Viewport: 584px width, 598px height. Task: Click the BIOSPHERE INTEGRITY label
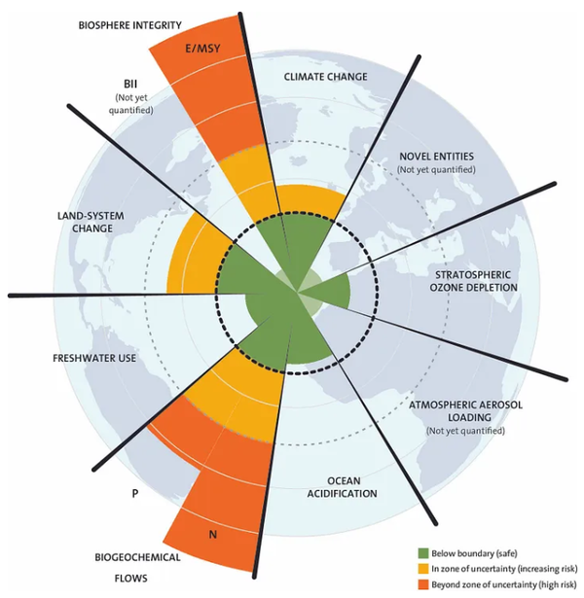tap(129, 25)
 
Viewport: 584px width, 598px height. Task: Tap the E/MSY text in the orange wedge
tap(202, 49)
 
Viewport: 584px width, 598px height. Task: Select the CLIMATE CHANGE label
tap(325, 77)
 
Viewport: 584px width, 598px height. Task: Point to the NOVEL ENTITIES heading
tap(436, 157)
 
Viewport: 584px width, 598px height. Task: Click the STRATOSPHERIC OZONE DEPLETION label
tap(473, 281)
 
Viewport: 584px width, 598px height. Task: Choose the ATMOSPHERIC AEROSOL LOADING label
tap(465, 410)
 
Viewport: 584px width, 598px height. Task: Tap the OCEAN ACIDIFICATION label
tap(342, 487)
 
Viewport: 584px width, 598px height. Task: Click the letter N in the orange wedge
tap(213, 535)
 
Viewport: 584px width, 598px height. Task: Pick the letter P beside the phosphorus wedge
tap(134, 494)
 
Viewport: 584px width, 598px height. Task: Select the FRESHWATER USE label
tap(94, 358)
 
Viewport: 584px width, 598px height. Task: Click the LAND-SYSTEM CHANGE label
tap(91, 222)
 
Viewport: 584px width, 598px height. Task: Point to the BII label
tap(130, 84)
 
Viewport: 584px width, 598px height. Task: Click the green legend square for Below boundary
tap(423, 553)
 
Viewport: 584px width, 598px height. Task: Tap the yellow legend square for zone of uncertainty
tap(423, 569)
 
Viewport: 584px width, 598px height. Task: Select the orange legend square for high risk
tap(423, 584)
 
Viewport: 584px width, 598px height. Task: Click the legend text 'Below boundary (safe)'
tap(474, 553)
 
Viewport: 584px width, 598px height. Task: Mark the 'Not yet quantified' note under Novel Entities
tap(436, 169)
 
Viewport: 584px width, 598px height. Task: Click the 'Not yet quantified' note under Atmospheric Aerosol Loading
tap(465, 431)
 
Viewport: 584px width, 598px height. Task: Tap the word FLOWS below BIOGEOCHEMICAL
tap(130, 579)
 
